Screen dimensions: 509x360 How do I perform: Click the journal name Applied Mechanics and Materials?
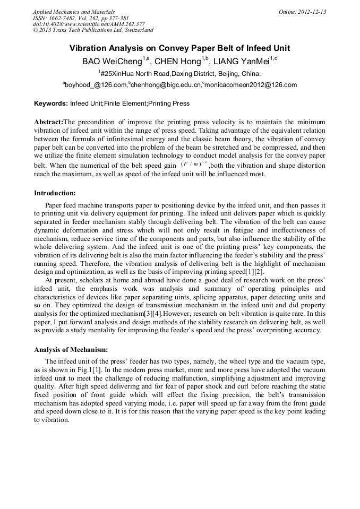74,12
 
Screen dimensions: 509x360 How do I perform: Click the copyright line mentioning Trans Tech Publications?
93,30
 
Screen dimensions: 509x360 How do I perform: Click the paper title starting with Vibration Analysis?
179,48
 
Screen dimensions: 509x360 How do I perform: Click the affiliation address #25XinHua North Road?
181,73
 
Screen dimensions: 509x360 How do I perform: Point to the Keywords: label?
51,103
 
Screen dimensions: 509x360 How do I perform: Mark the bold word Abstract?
48,122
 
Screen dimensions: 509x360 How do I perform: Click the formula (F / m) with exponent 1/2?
193,165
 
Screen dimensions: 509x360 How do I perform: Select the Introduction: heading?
55,193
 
